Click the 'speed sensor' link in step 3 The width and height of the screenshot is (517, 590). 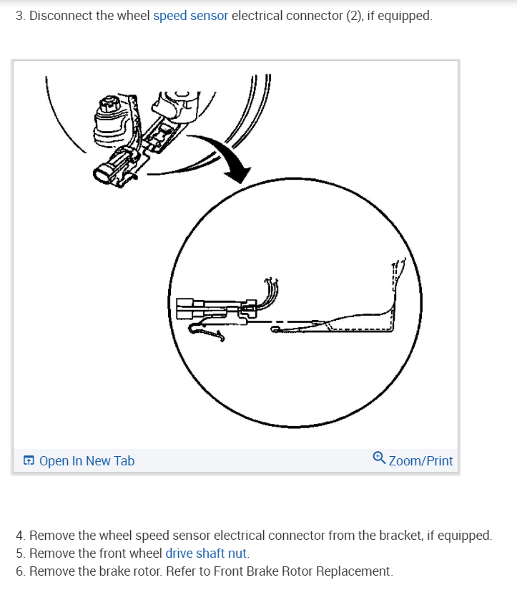[x=190, y=16]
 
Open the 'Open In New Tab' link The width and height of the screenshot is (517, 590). [x=87, y=461]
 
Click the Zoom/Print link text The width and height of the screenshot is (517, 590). [x=420, y=461]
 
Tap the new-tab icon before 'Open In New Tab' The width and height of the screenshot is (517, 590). [x=29, y=461]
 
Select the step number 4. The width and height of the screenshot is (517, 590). [x=20, y=535]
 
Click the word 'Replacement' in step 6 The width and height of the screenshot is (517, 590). [x=353, y=571]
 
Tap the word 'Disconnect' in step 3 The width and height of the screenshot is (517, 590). [x=59, y=16]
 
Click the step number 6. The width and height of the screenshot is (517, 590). [x=20, y=571]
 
